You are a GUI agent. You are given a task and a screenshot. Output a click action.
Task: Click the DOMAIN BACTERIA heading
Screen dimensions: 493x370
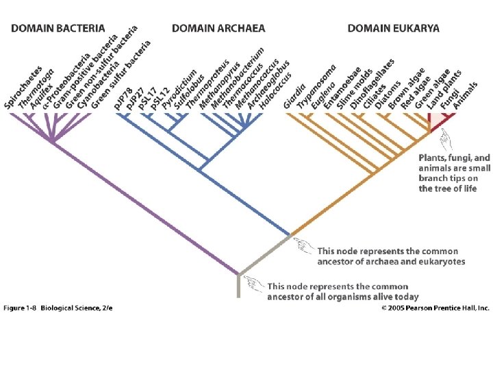coord(58,28)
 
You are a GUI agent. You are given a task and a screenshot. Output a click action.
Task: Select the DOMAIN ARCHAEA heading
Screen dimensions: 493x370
coord(218,28)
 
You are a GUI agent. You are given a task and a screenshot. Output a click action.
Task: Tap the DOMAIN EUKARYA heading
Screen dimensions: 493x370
coord(394,28)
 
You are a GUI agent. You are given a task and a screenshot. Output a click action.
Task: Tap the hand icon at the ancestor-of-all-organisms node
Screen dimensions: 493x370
coord(255,283)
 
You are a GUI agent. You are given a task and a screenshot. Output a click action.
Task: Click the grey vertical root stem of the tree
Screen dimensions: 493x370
coord(238,286)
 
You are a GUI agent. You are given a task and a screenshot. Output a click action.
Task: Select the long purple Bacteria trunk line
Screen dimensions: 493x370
coord(144,206)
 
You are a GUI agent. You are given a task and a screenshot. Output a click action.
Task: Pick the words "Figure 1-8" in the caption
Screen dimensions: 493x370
coord(21,308)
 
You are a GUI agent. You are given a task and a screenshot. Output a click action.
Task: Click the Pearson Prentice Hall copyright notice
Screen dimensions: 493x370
coord(435,308)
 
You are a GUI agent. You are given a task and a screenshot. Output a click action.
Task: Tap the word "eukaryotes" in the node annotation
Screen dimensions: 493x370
coord(441,262)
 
